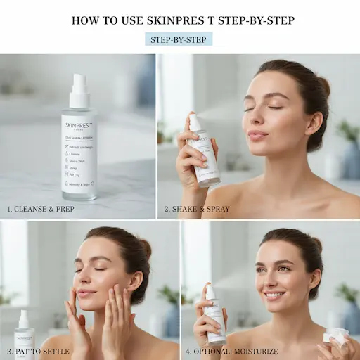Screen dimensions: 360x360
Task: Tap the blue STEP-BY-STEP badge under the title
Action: tap(179, 39)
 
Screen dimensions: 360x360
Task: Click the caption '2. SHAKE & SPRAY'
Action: tap(197, 209)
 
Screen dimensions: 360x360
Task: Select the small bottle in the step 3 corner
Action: tap(24, 336)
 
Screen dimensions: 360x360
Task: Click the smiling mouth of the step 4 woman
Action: tap(274, 295)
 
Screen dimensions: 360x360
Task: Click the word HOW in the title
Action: tap(86, 20)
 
